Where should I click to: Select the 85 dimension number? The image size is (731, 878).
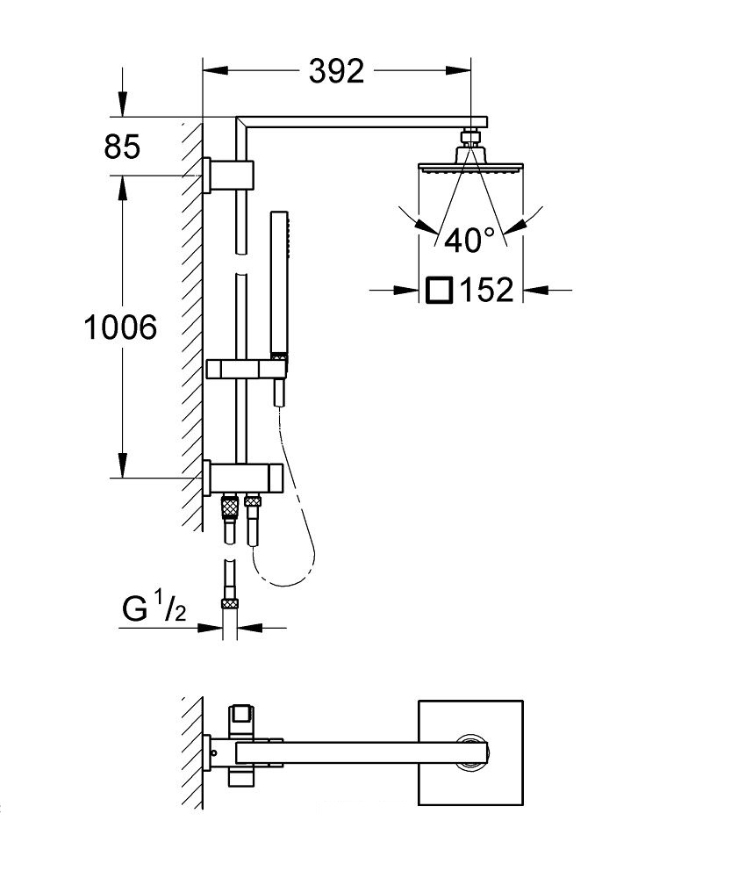click(122, 148)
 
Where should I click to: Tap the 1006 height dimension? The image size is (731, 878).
click(121, 327)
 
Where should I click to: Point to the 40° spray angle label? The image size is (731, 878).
click(469, 239)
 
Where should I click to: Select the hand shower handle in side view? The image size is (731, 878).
click(278, 281)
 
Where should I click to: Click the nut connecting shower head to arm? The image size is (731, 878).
click(470, 137)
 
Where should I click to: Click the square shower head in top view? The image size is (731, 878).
click(470, 751)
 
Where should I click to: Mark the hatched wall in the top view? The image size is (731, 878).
click(190, 751)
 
